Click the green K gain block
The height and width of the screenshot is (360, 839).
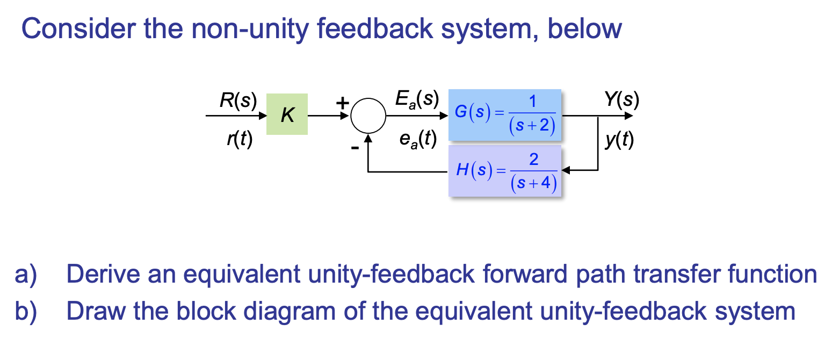click(x=287, y=114)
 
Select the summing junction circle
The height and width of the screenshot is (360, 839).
click(x=368, y=115)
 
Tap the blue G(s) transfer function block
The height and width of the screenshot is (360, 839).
click(x=505, y=114)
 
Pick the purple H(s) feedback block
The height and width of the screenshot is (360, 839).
click(x=505, y=170)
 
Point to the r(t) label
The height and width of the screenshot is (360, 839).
click(x=239, y=140)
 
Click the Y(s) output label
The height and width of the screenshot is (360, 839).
click(x=621, y=100)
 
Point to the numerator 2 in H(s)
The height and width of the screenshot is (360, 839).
click(x=533, y=160)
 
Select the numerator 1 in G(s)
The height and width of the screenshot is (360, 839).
click(x=532, y=102)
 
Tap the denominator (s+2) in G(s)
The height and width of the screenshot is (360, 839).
click(x=532, y=127)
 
